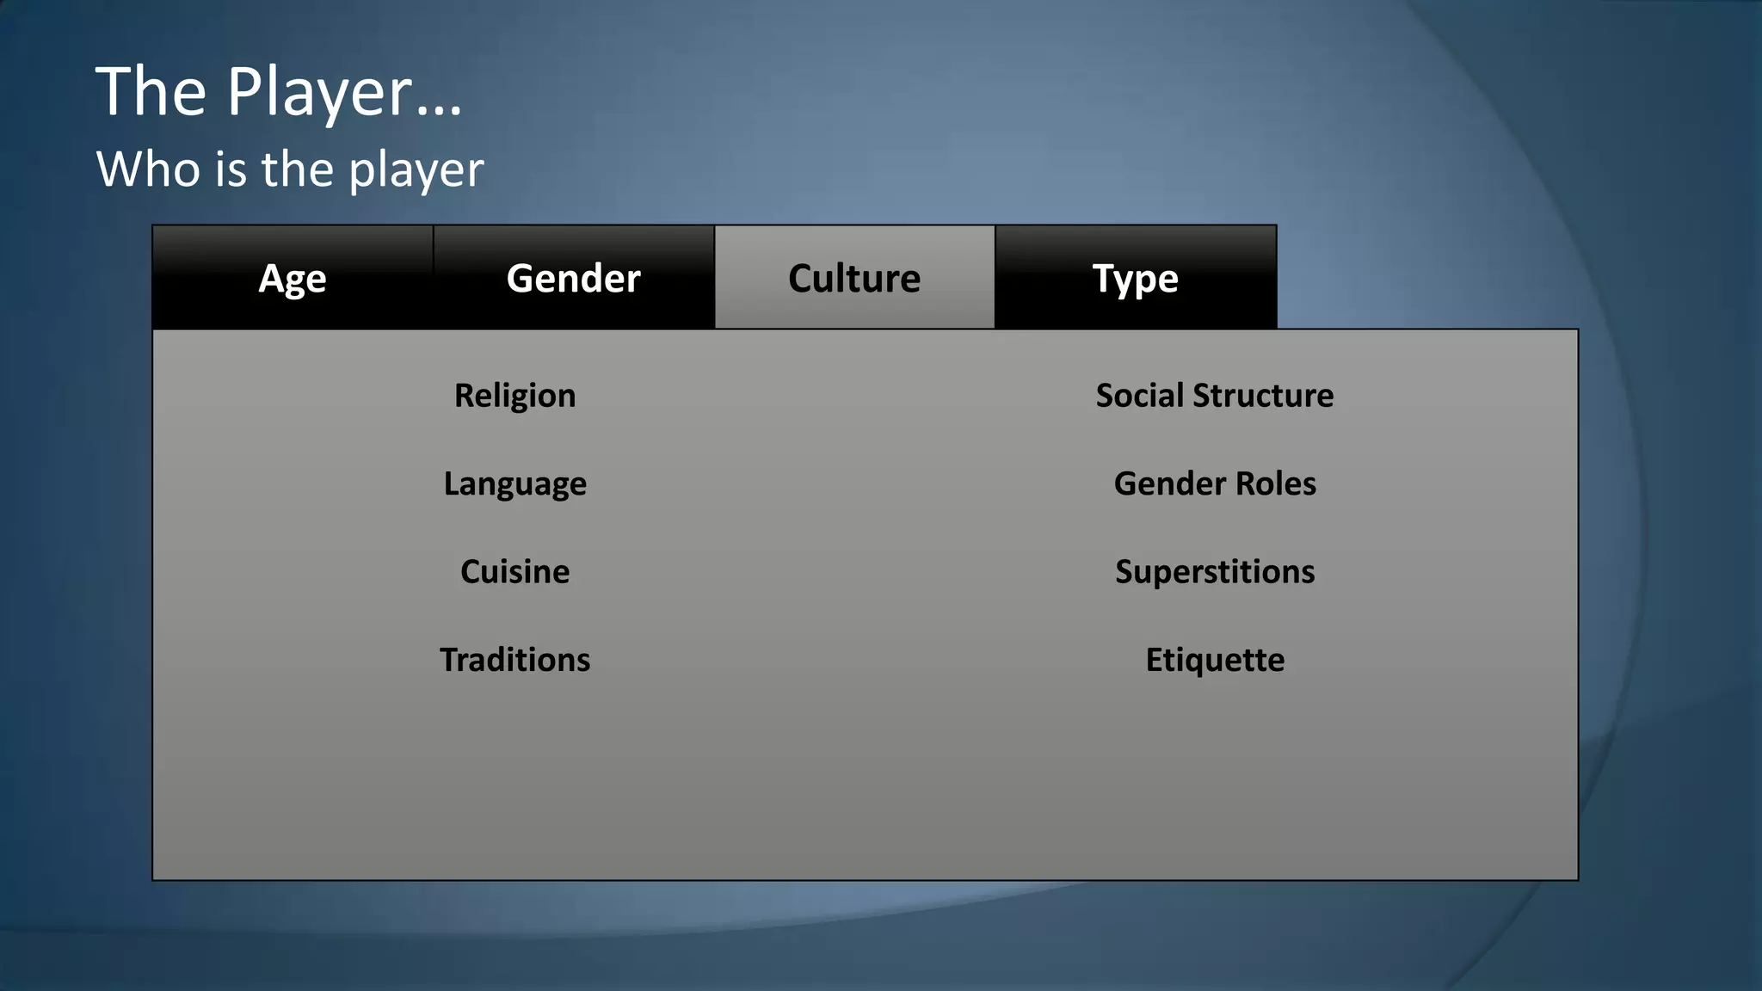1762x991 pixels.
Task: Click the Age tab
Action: tap(293, 278)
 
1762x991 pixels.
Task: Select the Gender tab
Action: tap(573, 278)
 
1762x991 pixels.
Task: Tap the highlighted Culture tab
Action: tap(854, 278)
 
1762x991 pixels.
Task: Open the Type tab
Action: tap(1135, 278)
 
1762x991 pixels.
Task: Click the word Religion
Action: tap(514, 396)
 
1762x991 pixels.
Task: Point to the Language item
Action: tap(514, 484)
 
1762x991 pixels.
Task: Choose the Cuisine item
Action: tap(514, 572)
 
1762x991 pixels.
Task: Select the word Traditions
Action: tap(514, 660)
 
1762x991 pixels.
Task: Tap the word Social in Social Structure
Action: tap(1140, 396)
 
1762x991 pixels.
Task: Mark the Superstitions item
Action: tap(1215, 572)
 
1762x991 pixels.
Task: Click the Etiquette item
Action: tap(1215, 660)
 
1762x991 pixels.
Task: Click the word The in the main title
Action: tap(151, 91)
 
